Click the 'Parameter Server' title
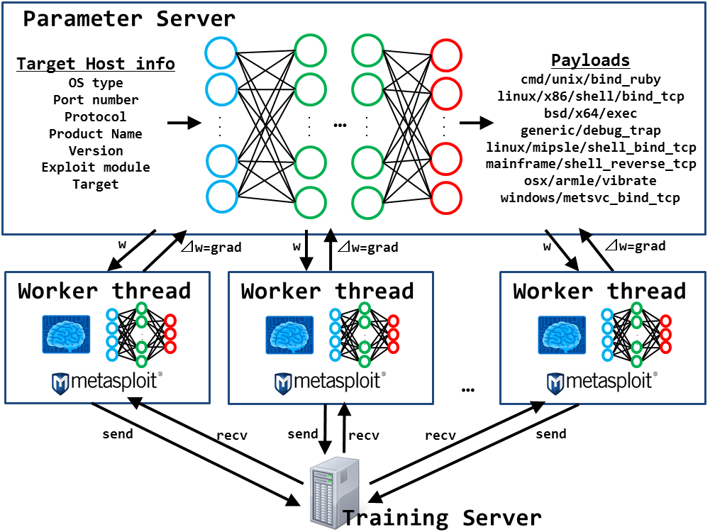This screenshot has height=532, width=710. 129,18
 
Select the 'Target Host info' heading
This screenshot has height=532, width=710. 96,65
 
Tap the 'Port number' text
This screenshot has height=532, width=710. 96,100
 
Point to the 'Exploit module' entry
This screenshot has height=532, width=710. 96,167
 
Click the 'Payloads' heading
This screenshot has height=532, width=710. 590,60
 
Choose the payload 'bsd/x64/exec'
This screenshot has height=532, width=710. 590,113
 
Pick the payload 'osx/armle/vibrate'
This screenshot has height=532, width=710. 590,181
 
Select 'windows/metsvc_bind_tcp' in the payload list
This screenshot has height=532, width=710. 590,198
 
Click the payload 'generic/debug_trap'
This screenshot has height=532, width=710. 590,131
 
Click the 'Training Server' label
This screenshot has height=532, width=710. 442,517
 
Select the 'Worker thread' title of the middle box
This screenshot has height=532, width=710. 327,291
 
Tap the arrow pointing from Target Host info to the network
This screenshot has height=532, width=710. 184,123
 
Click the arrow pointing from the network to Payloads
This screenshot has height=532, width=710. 475,123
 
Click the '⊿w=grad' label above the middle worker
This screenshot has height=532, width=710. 367,248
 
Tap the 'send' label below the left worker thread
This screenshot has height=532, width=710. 118,433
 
